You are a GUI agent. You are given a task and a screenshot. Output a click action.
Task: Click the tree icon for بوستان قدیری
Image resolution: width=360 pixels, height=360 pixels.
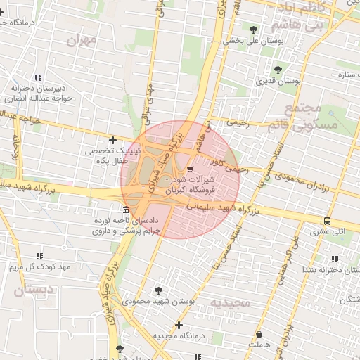pyautogui.click(x=278, y=70)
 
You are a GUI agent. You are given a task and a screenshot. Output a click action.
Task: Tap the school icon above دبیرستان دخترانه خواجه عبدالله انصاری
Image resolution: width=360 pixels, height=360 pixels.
pyautogui.click(x=38, y=77)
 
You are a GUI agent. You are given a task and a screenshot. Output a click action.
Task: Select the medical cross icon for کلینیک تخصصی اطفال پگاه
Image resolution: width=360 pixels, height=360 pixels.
pyautogui.click(x=112, y=140)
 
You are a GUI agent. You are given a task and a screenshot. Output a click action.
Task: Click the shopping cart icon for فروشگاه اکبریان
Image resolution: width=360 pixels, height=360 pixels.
pyautogui.click(x=191, y=169)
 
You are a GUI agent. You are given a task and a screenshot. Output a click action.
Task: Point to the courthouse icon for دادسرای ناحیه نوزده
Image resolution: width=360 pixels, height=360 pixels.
pyautogui.click(x=126, y=210)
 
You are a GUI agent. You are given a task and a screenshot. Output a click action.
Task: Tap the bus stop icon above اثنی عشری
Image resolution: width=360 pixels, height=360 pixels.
pyautogui.click(x=328, y=220)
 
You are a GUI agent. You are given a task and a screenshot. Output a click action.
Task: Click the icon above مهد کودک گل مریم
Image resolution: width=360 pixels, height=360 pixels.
pyautogui.click(x=39, y=257)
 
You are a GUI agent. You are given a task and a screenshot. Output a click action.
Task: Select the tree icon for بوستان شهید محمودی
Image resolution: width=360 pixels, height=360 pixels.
pyautogui.click(x=158, y=290)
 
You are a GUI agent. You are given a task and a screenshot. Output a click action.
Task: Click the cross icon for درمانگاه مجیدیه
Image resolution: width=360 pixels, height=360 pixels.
pyautogui.click(x=179, y=325)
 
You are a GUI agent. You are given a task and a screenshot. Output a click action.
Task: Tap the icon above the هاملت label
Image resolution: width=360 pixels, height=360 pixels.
pyautogui.click(x=259, y=335)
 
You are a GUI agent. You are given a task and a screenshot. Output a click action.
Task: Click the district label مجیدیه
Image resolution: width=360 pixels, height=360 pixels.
pyautogui.click(x=230, y=302)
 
